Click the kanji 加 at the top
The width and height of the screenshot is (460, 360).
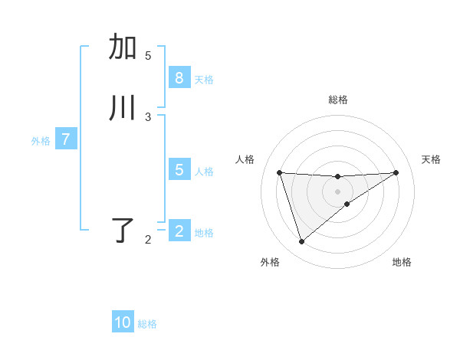pos(123,47)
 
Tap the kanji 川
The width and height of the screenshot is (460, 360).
pos(123,108)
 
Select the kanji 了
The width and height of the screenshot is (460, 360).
pos(123,231)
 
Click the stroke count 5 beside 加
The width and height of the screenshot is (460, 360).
pos(148,55)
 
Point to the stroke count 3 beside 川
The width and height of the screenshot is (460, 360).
pos(148,116)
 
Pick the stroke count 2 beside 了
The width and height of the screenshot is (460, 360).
pos(148,240)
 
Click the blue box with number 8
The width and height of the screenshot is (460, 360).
pos(179,78)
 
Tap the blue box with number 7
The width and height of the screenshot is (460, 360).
pos(66,139)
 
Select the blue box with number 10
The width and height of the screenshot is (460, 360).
pos(123,322)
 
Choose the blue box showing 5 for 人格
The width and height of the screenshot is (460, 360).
pos(179,170)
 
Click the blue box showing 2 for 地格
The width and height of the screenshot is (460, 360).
pos(179,231)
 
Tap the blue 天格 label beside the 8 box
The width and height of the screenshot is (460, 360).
pos(204,79)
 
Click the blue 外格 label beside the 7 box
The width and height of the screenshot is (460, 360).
pos(41,141)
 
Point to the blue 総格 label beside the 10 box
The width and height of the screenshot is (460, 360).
pos(147,324)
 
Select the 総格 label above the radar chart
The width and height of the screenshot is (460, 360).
pos(337,100)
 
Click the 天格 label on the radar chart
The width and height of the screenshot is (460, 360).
pos(431,159)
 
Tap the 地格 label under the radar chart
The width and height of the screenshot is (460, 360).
pos(402,262)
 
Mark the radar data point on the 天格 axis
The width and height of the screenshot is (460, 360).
pos(396,172)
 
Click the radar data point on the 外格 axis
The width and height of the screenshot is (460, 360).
pos(301,242)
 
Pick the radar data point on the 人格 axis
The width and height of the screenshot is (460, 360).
pos(279,172)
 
